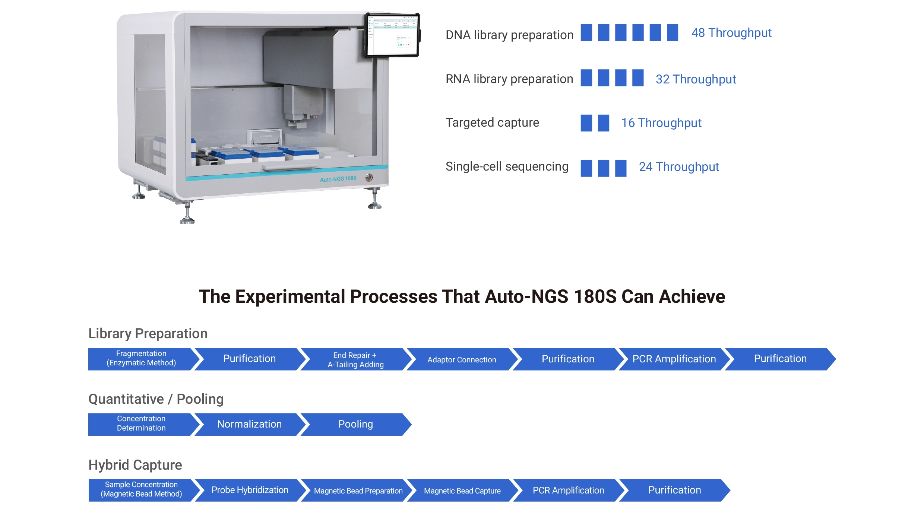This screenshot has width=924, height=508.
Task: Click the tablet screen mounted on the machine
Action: pyautogui.click(x=392, y=35)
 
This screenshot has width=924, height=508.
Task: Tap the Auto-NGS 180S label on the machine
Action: pyautogui.click(x=338, y=179)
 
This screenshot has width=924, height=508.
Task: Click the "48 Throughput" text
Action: pyautogui.click(x=731, y=33)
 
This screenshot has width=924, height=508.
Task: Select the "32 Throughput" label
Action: pyautogui.click(x=696, y=79)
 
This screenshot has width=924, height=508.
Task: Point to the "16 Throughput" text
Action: pyautogui.click(x=661, y=123)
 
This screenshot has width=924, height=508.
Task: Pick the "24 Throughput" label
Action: pyautogui.click(x=679, y=167)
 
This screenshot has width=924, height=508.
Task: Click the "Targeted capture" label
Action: pyautogui.click(x=492, y=123)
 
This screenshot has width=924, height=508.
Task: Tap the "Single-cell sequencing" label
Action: pyautogui.click(x=507, y=166)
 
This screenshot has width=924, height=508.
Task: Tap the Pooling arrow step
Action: pyautogui.click(x=356, y=424)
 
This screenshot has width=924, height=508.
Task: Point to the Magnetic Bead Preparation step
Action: pyautogui.click(x=358, y=490)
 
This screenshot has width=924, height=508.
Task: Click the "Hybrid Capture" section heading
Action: pyautogui.click(x=135, y=465)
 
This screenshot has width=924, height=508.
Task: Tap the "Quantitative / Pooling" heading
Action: pyautogui.click(x=156, y=399)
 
